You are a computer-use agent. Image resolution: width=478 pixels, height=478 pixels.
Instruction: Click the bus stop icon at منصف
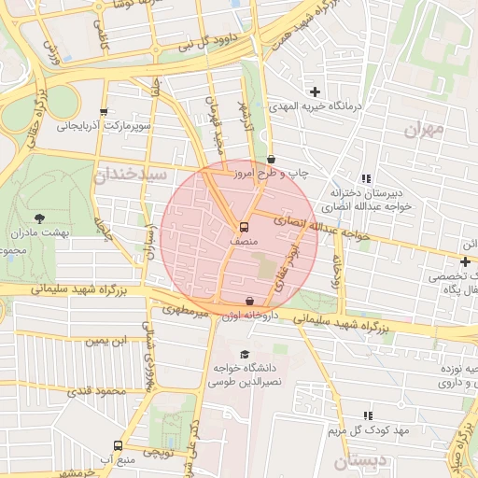tap(244, 227)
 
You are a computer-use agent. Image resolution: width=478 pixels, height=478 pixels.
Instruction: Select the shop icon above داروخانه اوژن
tap(249, 302)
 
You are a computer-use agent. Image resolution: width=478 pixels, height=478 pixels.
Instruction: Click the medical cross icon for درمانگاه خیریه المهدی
tap(315, 91)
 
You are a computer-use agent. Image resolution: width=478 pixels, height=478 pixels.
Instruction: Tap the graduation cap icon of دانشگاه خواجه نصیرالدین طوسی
tap(245, 354)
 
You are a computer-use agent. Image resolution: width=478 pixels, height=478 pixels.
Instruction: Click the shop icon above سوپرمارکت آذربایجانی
tap(103, 112)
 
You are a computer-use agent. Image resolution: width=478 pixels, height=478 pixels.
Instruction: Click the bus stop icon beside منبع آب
tap(118, 445)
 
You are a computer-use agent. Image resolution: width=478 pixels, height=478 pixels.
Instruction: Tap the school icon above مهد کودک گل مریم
tap(367, 415)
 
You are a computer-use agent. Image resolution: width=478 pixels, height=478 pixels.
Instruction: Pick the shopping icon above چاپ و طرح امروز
tap(271, 160)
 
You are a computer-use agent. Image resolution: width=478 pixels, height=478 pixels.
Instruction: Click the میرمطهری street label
tap(184, 309)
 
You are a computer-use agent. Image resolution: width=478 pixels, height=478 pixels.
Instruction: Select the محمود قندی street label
tap(97, 390)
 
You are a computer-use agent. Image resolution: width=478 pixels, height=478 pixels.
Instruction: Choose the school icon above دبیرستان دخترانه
tap(366, 178)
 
